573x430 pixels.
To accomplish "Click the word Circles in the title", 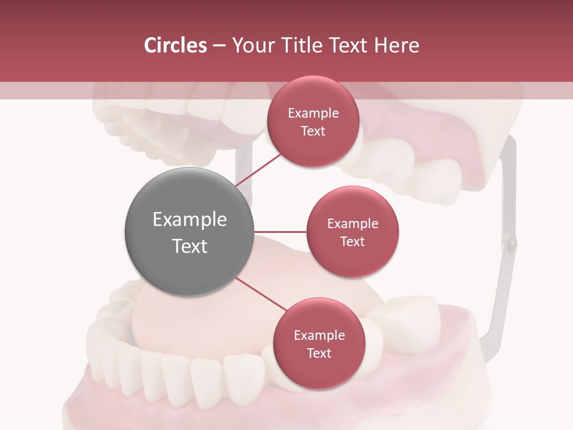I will (x=175, y=45).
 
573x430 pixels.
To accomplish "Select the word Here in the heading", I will (x=397, y=45).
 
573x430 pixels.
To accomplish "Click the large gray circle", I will (x=189, y=232).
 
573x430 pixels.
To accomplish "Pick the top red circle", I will (x=313, y=122).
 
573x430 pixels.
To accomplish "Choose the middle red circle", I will (x=352, y=232).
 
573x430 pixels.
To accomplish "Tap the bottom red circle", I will (x=319, y=343).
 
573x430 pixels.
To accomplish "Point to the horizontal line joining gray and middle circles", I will (x=281, y=232).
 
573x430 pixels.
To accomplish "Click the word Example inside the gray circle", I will (x=189, y=220).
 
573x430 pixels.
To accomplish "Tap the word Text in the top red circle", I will (x=313, y=131).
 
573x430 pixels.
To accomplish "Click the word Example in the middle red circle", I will (x=352, y=223).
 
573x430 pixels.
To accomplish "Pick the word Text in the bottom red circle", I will (x=319, y=353).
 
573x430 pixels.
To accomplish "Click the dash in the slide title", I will (x=219, y=46).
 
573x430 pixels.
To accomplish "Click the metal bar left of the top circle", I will (x=244, y=161).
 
